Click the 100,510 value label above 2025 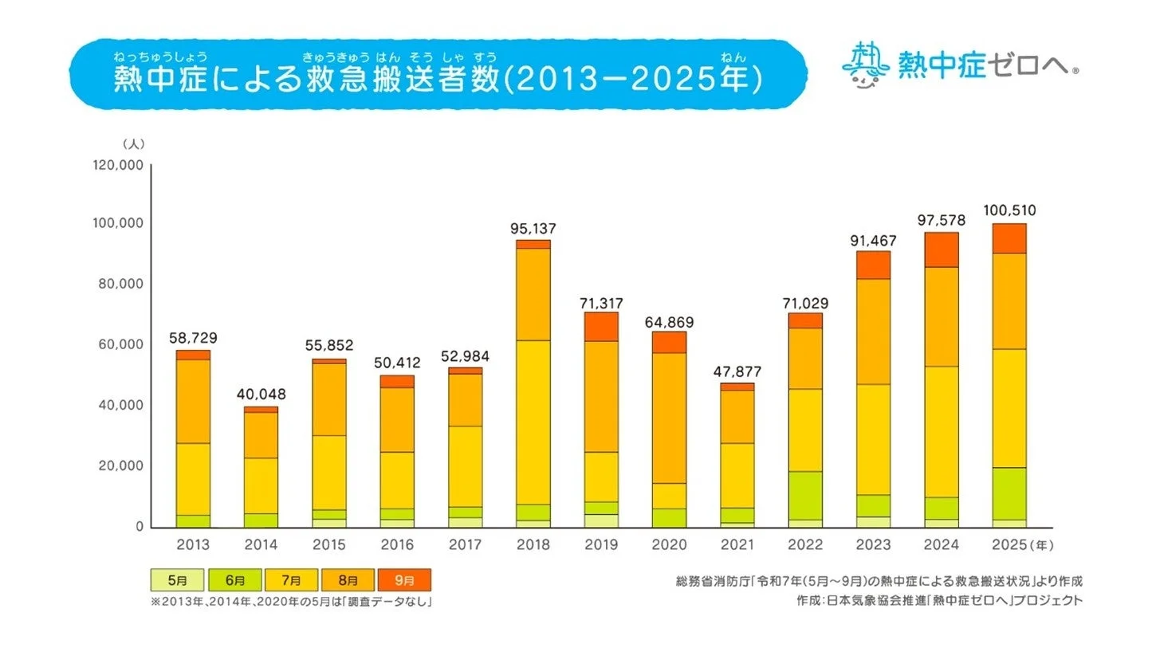pyautogui.click(x=1008, y=211)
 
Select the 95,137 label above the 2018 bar pyautogui.click(x=533, y=229)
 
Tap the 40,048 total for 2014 pyautogui.click(x=261, y=395)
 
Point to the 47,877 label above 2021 pyautogui.click(x=737, y=371)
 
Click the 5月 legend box pyautogui.click(x=177, y=579)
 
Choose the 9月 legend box pyautogui.click(x=403, y=579)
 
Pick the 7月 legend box pyautogui.click(x=290, y=579)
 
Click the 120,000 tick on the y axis pyautogui.click(x=117, y=165)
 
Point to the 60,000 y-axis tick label pyautogui.click(x=120, y=345)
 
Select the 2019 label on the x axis pyautogui.click(x=602, y=546)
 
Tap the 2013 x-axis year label pyautogui.click(x=193, y=546)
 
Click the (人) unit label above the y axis pyautogui.click(x=132, y=143)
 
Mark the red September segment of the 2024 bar pyautogui.click(x=941, y=249)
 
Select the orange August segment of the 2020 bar pyautogui.click(x=670, y=418)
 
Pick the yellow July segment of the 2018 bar pyautogui.click(x=533, y=422)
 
